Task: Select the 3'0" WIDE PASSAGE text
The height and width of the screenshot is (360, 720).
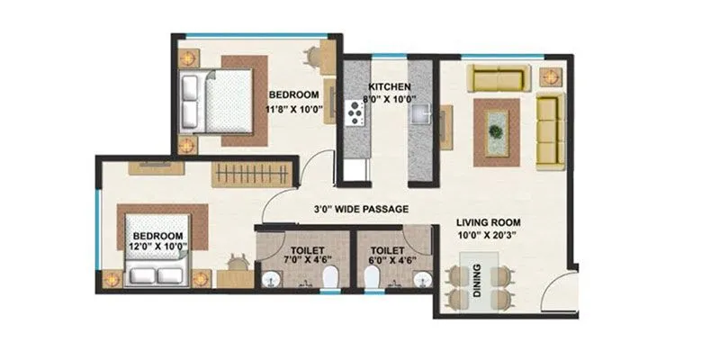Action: (x=361, y=210)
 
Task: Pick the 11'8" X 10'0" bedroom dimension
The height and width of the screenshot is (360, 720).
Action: (x=292, y=110)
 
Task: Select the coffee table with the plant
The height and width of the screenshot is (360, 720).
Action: (x=496, y=130)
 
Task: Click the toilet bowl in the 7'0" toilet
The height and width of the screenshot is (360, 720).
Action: (x=330, y=277)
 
